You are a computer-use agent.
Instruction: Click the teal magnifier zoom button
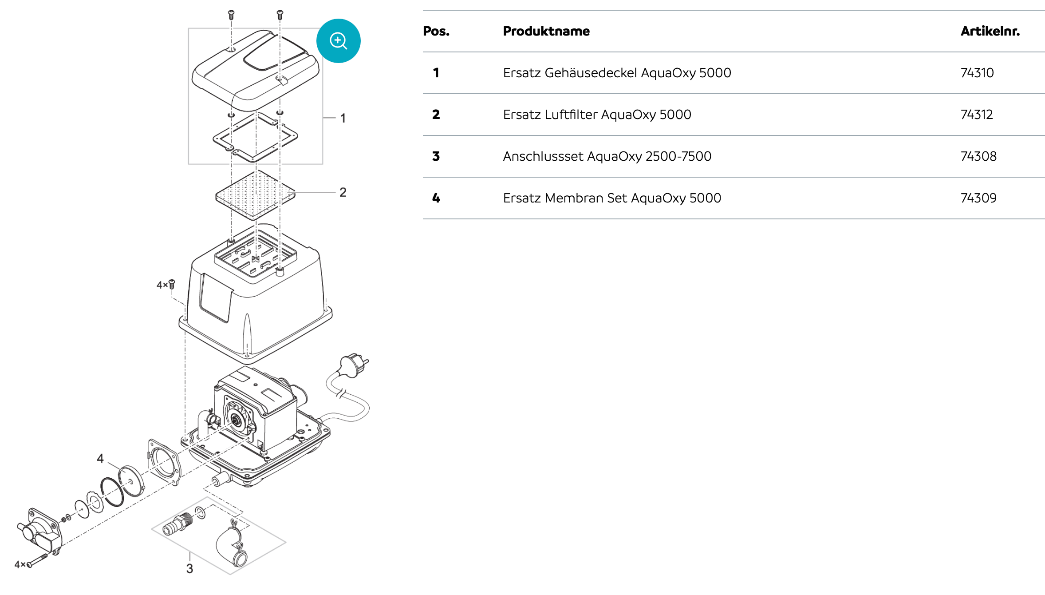point(338,41)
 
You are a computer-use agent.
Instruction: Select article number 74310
point(977,73)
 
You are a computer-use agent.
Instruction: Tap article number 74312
point(976,115)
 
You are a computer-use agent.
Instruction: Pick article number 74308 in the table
point(978,156)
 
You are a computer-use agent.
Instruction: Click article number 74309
point(978,198)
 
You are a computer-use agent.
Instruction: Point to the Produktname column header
point(546,31)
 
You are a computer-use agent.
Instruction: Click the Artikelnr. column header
point(990,31)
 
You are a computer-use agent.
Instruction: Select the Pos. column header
point(436,31)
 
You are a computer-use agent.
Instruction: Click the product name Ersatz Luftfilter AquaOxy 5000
point(596,115)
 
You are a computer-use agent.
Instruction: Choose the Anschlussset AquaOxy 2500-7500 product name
point(607,156)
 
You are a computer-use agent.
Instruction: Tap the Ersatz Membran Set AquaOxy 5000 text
point(611,198)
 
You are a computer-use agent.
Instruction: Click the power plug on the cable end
point(353,364)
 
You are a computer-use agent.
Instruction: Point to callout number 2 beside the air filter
point(343,192)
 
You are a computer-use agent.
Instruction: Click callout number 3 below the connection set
point(189,568)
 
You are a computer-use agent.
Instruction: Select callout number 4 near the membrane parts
point(100,458)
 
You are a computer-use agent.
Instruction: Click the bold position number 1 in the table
point(436,73)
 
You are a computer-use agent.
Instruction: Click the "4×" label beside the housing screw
point(162,285)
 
